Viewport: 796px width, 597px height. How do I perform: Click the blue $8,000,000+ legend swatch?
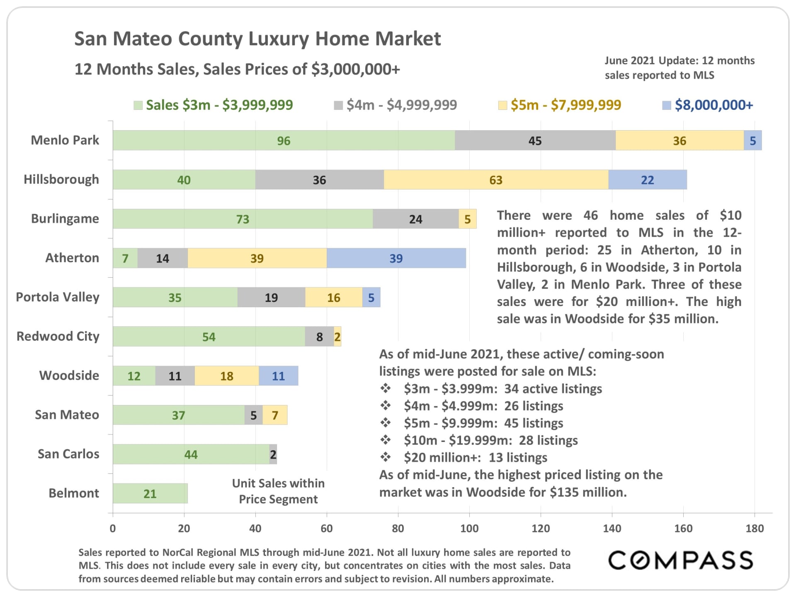(x=666, y=105)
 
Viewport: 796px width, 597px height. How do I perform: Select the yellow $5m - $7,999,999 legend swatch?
(x=502, y=105)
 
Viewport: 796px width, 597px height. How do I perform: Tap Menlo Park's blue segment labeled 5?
(x=752, y=141)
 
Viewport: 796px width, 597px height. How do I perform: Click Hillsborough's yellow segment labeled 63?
(x=496, y=180)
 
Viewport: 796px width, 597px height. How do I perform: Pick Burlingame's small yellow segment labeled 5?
(x=467, y=219)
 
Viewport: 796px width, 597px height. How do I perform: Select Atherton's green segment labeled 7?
(x=125, y=258)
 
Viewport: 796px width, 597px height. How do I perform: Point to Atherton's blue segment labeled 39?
(x=396, y=258)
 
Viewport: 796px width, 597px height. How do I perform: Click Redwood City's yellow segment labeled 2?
(x=337, y=337)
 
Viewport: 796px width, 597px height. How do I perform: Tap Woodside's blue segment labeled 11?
(x=278, y=376)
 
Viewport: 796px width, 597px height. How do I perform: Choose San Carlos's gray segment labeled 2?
(x=273, y=454)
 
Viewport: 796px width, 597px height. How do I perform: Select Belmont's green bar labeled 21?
(x=150, y=493)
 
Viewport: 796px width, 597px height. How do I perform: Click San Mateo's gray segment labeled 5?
(x=253, y=415)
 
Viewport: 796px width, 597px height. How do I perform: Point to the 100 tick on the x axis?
(x=469, y=528)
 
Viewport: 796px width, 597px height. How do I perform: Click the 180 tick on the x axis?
(x=755, y=528)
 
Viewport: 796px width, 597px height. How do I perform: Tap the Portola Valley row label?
(x=58, y=297)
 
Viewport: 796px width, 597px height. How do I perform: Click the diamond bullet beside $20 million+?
(x=386, y=457)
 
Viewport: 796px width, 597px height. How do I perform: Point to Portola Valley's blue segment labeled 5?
(x=371, y=297)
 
